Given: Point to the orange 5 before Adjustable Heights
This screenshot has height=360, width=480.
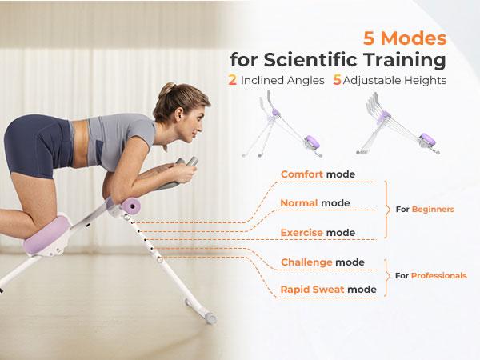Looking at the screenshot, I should pos(337,80).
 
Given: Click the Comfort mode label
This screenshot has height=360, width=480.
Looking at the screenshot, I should pos(318,174).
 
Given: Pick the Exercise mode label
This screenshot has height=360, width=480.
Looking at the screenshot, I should pos(318,233).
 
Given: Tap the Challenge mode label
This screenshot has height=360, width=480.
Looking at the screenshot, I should pos(322,262).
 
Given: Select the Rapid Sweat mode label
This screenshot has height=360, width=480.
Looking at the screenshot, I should pos(328,289).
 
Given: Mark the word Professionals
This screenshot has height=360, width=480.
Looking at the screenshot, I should pos(438,275).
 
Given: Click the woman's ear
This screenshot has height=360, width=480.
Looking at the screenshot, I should pos(178,111).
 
